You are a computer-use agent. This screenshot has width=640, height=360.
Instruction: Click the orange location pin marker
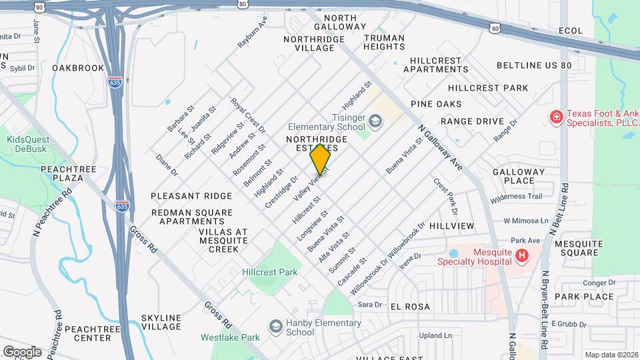pyautogui.click(x=321, y=159)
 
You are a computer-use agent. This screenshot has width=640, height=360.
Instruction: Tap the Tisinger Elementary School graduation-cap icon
pyautogui.click(x=375, y=121)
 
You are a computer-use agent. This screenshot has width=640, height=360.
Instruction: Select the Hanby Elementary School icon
pyautogui.click(x=275, y=325)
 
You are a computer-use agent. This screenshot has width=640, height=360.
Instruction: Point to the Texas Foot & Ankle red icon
pyautogui.click(x=555, y=117)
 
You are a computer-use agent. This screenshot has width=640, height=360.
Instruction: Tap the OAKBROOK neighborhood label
pyautogui.click(x=78, y=68)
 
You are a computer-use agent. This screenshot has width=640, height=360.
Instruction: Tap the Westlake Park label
pyautogui.click(x=230, y=337)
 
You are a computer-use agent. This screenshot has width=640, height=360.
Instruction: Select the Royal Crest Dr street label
pyautogui.click(x=248, y=115)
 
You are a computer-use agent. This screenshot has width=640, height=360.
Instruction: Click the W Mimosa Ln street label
pyautogui.click(x=525, y=221)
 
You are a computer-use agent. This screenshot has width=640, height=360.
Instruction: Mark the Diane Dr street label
pyautogui.click(x=167, y=166)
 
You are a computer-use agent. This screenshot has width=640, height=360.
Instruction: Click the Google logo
pyautogui.click(x=22, y=351)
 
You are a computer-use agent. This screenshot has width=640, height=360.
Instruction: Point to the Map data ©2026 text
pyautogui.click(x=611, y=355)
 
